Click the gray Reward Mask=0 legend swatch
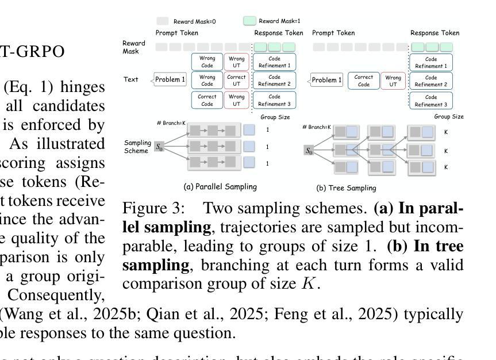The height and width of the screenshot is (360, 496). [162, 21]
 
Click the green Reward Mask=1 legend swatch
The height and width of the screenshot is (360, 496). [249, 21]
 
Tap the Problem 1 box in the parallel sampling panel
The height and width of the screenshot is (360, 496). [170, 80]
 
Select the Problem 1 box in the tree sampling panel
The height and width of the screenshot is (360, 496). [326, 80]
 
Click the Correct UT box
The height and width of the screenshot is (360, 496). [236, 80]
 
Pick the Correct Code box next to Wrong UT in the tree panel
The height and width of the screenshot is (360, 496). [364, 80]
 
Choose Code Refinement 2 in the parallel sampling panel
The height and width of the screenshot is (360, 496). [274, 80]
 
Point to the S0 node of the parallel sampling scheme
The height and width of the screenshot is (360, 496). [159, 147]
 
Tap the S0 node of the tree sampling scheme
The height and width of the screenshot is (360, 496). [309, 151]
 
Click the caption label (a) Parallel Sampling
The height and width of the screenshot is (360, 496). [220, 187]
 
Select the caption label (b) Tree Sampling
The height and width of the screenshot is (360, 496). [346, 187]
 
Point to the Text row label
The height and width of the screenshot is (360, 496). [130, 80]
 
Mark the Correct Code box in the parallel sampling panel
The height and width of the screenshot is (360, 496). [207, 101]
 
